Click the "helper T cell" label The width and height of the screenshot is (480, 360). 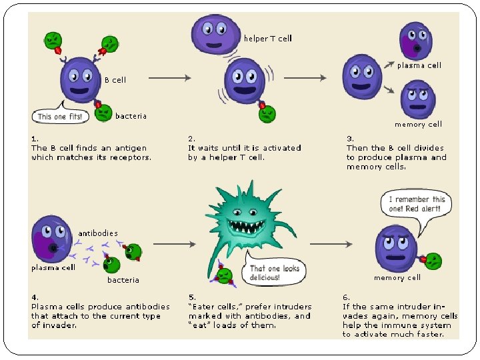click(267, 39)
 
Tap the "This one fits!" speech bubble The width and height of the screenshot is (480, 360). click(60, 116)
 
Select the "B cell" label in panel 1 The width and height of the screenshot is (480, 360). click(115, 80)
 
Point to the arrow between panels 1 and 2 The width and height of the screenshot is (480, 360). click(169, 78)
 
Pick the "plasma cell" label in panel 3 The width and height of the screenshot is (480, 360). click(419, 65)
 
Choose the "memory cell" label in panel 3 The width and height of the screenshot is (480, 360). click(418, 124)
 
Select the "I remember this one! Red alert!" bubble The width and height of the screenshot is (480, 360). click(417, 203)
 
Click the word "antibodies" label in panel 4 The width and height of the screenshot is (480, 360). click(98, 233)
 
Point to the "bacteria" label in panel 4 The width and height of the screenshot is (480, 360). click(123, 280)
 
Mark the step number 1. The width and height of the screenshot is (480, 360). click(35, 139)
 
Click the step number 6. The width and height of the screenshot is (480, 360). click(346, 297)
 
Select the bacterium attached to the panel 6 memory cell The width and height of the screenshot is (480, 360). click(433, 261)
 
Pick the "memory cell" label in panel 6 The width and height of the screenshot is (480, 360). click(397, 278)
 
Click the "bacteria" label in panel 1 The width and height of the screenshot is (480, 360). click(131, 116)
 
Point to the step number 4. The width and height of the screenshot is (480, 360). click(35, 297)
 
